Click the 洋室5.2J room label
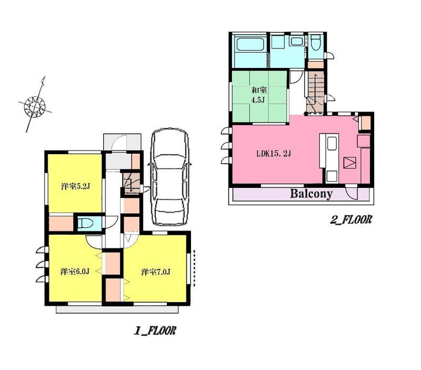[x=74, y=186]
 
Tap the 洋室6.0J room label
[x=74, y=272]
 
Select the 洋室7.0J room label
[x=155, y=272]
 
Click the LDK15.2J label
[x=274, y=154]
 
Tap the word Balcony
[x=312, y=194]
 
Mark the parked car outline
[x=169, y=177]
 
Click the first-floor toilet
[x=86, y=223]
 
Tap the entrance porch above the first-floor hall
[x=122, y=142]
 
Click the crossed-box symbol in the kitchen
[x=350, y=163]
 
